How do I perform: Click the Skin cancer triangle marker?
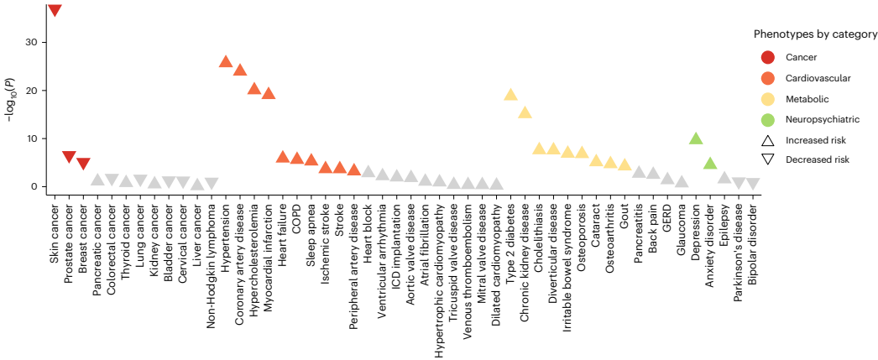(x=55, y=10)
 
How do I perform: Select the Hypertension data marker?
(x=226, y=61)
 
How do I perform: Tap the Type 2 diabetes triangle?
(x=510, y=94)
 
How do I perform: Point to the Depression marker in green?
(x=696, y=138)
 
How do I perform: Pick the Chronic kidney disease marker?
(x=525, y=112)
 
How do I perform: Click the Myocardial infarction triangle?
(x=269, y=93)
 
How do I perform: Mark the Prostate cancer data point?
(x=69, y=157)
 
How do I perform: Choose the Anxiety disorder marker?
(x=710, y=163)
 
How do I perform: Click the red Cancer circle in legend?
(x=767, y=57)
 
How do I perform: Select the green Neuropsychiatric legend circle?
(x=767, y=119)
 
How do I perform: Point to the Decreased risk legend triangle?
(x=767, y=159)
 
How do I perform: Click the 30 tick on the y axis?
(x=34, y=42)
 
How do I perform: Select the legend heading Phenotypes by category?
(x=815, y=34)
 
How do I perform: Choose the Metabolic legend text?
(x=807, y=99)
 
